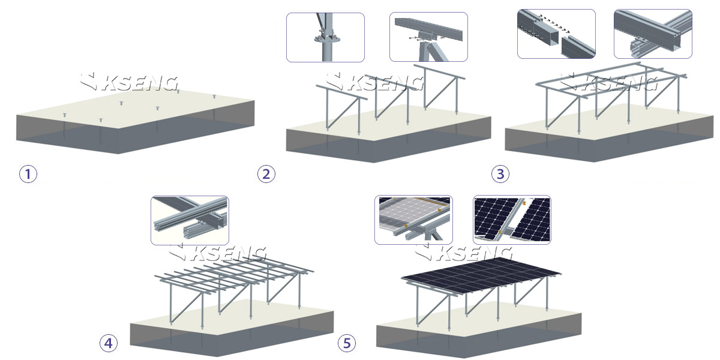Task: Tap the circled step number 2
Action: (x=266, y=174)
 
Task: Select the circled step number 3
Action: (x=500, y=174)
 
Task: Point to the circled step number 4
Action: (x=108, y=343)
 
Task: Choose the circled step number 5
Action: (x=346, y=343)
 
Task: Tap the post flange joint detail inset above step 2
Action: (x=325, y=37)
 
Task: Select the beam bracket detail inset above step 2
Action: (x=428, y=37)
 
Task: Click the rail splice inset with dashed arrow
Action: (x=556, y=34)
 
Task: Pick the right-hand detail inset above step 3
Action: (x=653, y=34)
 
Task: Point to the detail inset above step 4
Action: (x=190, y=220)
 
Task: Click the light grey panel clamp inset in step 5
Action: (x=413, y=220)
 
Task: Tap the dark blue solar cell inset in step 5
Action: (x=512, y=220)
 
